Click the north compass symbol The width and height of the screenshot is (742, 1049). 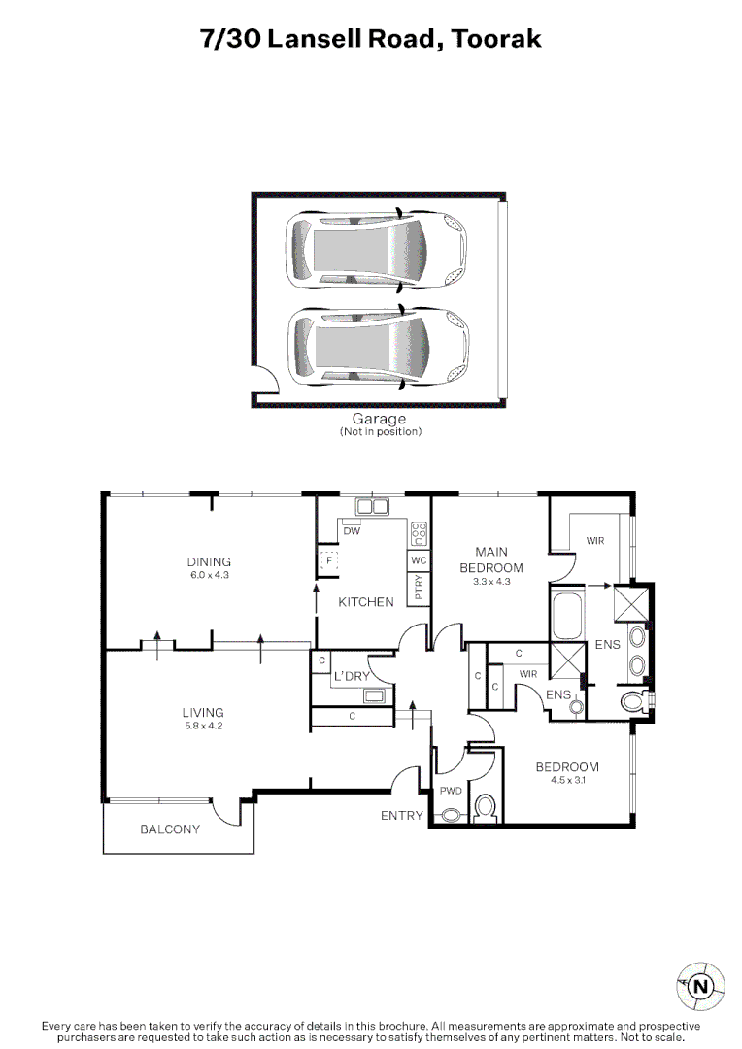[x=700, y=987]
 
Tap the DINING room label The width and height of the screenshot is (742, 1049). [x=209, y=561]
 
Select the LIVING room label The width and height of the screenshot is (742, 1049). [x=203, y=712]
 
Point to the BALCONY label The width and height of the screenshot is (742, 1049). [x=170, y=829]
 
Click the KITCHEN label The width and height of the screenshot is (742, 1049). [x=366, y=602]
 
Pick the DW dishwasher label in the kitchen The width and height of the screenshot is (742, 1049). [x=352, y=531]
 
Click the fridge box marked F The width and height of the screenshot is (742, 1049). [x=328, y=560]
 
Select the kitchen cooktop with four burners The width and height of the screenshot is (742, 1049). [x=420, y=532]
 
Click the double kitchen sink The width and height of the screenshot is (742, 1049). [x=372, y=506]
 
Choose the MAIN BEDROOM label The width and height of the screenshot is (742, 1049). [x=491, y=560]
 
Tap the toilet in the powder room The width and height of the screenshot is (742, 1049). [x=486, y=806]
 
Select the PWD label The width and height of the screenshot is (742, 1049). [x=450, y=791]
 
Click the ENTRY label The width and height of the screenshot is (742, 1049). [x=401, y=816]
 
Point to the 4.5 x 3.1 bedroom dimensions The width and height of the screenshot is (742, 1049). [x=567, y=781]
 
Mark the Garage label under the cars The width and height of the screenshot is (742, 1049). [x=379, y=420]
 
